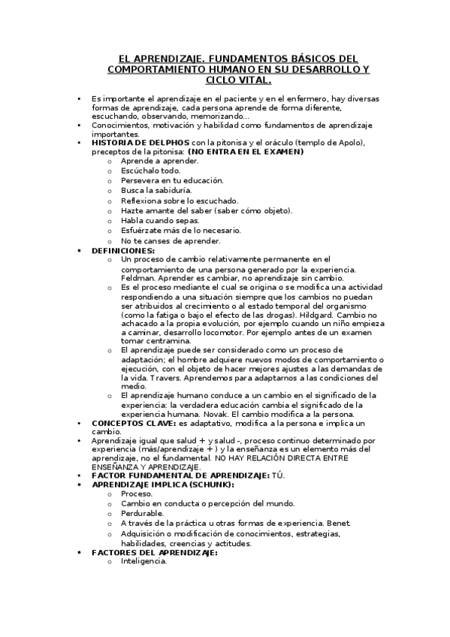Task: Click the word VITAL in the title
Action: click(252, 80)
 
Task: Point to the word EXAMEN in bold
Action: click(282, 151)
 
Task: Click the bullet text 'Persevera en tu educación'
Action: click(171, 181)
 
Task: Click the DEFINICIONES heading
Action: click(122, 250)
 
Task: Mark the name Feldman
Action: click(137, 278)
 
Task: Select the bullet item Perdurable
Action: click(142, 513)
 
